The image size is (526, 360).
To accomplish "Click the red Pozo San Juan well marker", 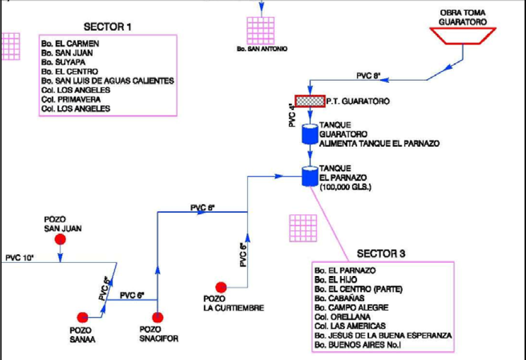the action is (x=61, y=239).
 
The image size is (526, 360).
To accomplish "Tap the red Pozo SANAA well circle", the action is (x=82, y=317).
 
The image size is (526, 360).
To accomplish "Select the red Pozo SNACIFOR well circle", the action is (x=158, y=317).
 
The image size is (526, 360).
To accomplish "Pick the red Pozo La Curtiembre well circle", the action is (x=221, y=287).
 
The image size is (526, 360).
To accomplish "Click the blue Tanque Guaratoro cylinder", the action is (x=310, y=134).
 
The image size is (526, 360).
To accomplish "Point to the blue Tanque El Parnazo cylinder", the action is (x=310, y=176).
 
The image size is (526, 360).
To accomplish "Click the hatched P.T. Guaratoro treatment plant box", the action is (x=310, y=101).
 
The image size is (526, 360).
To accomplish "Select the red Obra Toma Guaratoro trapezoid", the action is (x=463, y=36).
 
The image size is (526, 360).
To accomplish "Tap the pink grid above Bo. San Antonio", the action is (x=261, y=31).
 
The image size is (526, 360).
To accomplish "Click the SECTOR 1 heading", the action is (x=107, y=27).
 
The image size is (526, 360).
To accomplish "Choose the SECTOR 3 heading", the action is (x=381, y=254).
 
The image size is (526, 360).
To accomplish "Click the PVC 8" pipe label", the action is (x=368, y=76).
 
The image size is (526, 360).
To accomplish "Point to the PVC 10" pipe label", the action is (x=20, y=258).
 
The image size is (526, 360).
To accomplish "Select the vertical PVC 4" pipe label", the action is (x=293, y=115).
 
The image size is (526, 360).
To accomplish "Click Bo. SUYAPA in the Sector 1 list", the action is (x=63, y=62).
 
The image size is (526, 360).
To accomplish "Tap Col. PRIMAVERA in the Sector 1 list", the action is (x=71, y=99).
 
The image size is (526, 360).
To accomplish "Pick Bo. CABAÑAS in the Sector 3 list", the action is (x=340, y=298).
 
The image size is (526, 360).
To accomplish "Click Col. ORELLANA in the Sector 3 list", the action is (x=342, y=317).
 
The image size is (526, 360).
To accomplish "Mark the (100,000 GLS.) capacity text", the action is (x=346, y=187).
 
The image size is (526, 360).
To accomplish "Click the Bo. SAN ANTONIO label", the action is (x=262, y=49).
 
